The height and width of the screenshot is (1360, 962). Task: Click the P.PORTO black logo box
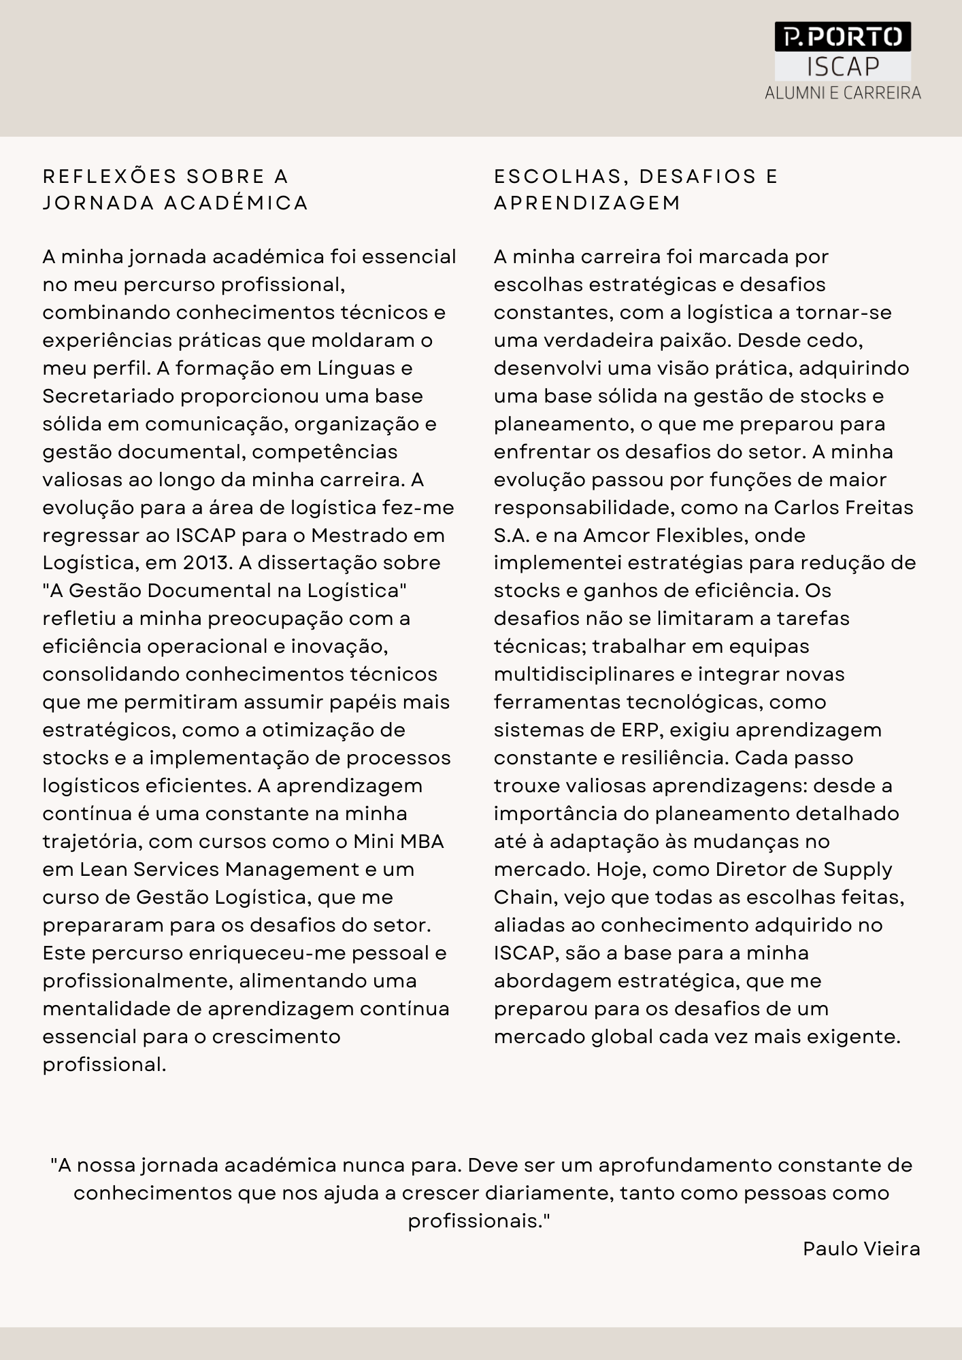tap(842, 37)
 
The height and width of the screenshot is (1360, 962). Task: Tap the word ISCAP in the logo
tap(843, 67)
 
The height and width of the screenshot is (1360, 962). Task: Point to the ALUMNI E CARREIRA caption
tap(843, 93)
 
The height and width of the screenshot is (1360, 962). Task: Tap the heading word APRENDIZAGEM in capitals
tap(587, 203)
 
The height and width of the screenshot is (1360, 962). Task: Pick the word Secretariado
tap(108, 396)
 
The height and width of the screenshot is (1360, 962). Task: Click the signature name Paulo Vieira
tap(861, 1249)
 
